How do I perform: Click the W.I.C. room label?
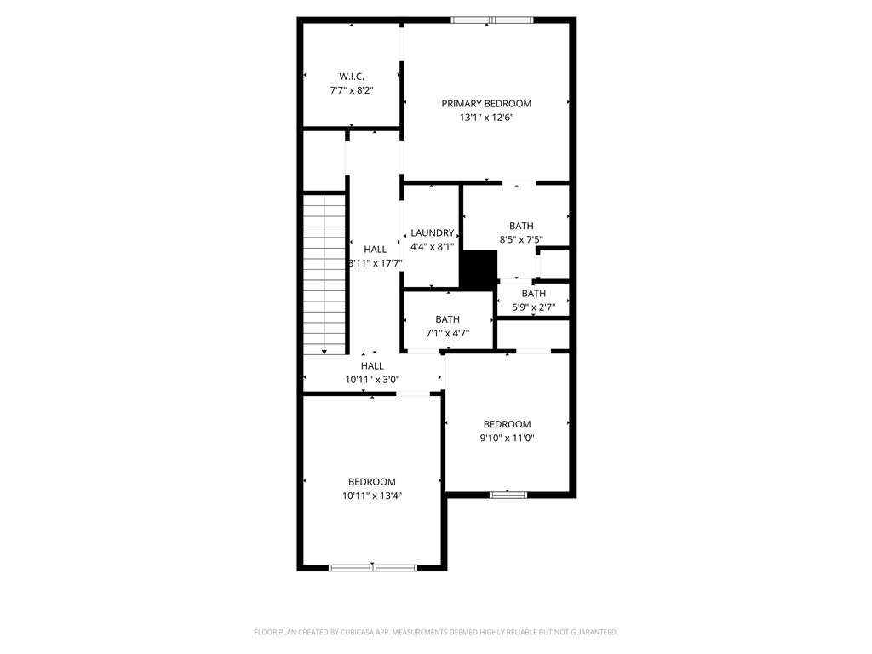pos(352,77)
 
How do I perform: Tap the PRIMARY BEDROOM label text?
pos(486,103)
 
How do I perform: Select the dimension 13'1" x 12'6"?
pos(486,118)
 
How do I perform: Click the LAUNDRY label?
pos(432,233)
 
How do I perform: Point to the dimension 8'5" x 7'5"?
pos(521,239)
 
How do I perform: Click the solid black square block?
pos(479,270)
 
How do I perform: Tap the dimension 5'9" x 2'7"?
pos(533,307)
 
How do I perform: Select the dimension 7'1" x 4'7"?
pos(448,333)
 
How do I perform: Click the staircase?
pos(324,273)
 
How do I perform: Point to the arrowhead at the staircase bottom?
pos(324,352)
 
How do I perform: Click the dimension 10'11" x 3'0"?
pos(373,380)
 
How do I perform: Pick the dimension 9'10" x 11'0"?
pos(508,438)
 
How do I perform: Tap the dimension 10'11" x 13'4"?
pos(372,496)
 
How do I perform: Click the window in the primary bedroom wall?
pos(492,20)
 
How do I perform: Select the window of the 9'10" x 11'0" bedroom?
pos(508,495)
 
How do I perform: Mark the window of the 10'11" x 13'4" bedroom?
pos(373,568)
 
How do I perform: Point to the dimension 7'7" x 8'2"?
pos(352,90)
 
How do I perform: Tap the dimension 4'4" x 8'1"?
pos(432,246)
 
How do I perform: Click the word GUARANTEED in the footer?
pos(594,633)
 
